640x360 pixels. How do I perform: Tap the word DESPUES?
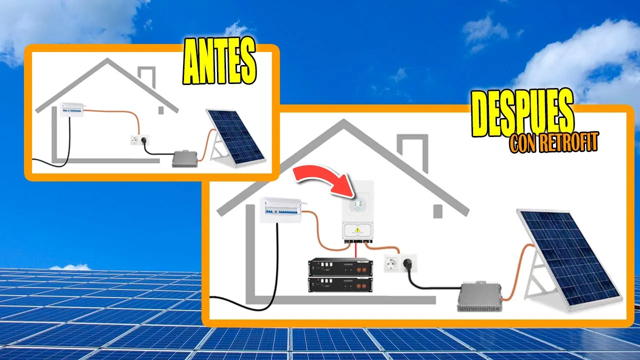522,115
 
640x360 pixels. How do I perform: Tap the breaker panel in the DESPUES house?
280,209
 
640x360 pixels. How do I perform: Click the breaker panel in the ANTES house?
71,109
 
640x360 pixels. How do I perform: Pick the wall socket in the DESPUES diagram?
400,263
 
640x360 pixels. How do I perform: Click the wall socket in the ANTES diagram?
137,140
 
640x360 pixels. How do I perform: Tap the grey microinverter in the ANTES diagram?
184,158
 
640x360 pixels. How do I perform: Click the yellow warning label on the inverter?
357,230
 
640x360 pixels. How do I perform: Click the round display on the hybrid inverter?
357,205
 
